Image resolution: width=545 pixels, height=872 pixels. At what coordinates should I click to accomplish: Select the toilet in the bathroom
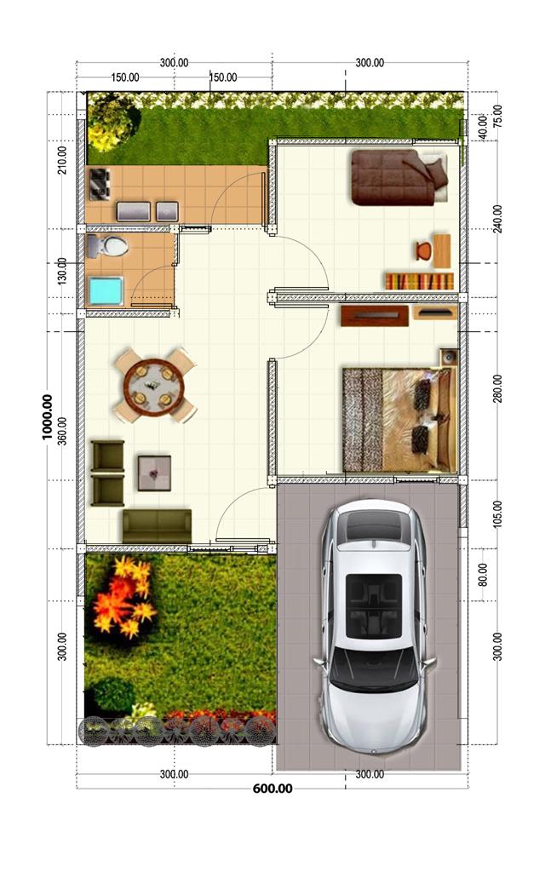pyautogui.click(x=107, y=246)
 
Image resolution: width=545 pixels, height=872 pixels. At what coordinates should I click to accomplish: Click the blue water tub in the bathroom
pyautogui.click(x=106, y=291)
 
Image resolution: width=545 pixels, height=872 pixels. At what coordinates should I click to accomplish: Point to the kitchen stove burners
pyautogui.click(x=100, y=184)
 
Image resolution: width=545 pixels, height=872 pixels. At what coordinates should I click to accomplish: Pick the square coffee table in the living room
pyautogui.click(x=154, y=473)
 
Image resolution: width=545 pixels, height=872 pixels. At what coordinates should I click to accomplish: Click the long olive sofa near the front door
pyautogui.click(x=157, y=525)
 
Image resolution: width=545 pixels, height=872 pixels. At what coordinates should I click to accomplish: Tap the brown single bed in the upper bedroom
pyautogui.click(x=399, y=177)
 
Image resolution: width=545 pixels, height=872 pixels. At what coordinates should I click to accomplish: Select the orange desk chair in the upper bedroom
pyautogui.click(x=423, y=250)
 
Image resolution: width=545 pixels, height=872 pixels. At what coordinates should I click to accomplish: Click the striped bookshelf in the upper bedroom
pyautogui.click(x=419, y=281)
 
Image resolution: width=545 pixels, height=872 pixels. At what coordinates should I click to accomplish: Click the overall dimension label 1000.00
pyautogui.click(x=48, y=417)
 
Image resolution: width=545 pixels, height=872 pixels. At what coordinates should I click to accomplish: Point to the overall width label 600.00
pyautogui.click(x=272, y=789)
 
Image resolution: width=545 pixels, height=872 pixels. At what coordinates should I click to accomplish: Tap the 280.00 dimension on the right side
pyautogui.click(x=497, y=388)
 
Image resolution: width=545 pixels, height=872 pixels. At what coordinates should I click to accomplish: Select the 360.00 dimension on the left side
pyautogui.click(x=62, y=432)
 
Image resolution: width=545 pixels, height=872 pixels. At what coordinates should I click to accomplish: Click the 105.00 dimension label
pyautogui.click(x=497, y=513)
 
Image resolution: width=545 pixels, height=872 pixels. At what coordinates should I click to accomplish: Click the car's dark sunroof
pyautogui.click(x=374, y=606)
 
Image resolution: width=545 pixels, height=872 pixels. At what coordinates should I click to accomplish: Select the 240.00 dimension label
pyautogui.click(x=497, y=219)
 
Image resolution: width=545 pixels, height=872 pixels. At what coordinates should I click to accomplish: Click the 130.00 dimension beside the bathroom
pyautogui.click(x=62, y=271)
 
